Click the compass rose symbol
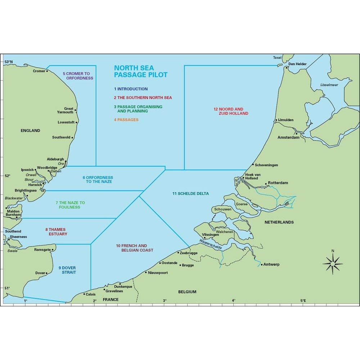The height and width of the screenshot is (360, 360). coord(333,264)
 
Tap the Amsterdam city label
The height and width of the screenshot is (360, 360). coord(288,138)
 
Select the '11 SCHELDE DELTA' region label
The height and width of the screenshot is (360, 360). coord(190,194)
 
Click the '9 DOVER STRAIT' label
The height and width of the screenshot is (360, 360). coord(67,270)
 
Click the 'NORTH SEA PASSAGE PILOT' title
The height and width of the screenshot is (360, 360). coord(141,71)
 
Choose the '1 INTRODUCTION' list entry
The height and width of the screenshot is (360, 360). coord(131,89)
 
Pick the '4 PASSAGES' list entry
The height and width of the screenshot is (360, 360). coord(126,120)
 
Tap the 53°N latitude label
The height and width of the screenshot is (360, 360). coord(8,62)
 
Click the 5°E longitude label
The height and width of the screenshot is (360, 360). coord(303,301)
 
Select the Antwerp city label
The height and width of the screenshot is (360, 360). coord(271,265)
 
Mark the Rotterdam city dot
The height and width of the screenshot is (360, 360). coord(266,183)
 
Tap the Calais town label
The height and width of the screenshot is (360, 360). coord(90,294)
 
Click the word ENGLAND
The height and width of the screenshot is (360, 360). coord(31,131)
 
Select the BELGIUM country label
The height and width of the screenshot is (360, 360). coord(187,292)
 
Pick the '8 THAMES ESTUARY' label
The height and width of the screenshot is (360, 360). coord(56,231)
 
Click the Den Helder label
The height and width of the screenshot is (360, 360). coord(297,64)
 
